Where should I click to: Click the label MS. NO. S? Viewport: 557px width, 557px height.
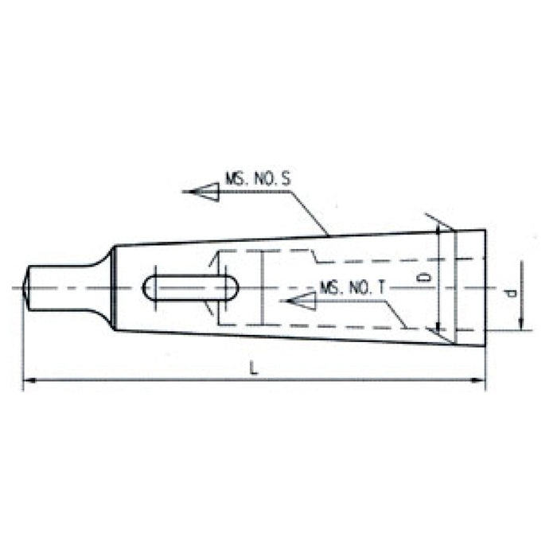(x=256, y=181)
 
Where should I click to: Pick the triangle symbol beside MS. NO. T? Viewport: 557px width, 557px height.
(x=304, y=301)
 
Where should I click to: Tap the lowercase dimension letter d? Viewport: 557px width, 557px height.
(x=512, y=294)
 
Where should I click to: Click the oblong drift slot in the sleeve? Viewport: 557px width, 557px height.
(x=189, y=287)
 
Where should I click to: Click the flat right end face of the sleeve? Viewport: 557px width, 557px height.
(x=485, y=287)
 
